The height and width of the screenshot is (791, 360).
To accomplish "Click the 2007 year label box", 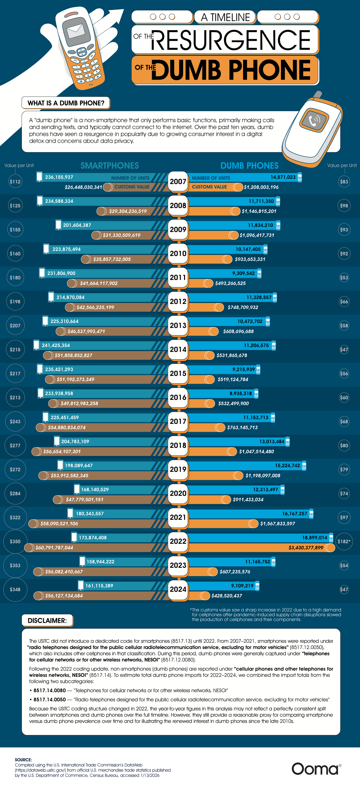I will click(x=178, y=182).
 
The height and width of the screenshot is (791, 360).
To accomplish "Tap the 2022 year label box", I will click(x=178, y=541).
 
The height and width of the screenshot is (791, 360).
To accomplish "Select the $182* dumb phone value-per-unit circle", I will click(x=344, y=541).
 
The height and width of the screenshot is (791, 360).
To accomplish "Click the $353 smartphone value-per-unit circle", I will click(x=15, y=565).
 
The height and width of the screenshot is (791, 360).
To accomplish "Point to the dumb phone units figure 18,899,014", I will click(x=315, y=537).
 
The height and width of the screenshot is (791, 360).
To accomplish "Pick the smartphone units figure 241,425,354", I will click(x=56, y=345).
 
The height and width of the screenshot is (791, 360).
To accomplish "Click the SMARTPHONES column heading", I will click(x=110, y=165).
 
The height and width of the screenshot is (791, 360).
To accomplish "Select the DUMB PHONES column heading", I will click(x=249, y=165).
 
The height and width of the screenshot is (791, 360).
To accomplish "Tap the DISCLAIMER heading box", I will click(x=47, y=620).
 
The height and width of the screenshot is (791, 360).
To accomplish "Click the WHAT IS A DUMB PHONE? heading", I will click(x=66, y=103).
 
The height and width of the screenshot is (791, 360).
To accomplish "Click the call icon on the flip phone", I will click(x=314, y=120).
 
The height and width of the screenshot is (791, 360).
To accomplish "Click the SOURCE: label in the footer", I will click(x=23, y=760).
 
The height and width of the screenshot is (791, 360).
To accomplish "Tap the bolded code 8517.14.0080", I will click(x=49, y=690).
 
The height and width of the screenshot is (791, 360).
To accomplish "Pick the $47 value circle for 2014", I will click(x=344, y=349).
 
